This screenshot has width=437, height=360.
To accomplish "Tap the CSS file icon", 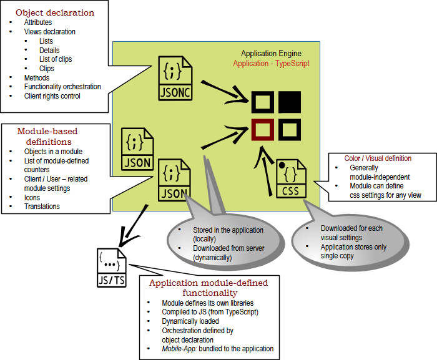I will [x=291, y=179].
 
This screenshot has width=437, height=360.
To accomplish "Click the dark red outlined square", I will [x=263, y=130].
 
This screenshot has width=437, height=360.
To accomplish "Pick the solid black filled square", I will [x=290, y=102].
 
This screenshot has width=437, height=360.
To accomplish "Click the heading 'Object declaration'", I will [x=55, y=12].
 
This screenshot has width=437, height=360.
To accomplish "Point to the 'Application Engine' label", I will [x=275, y=54].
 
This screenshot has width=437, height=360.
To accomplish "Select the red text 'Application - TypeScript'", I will [x=271, y=64].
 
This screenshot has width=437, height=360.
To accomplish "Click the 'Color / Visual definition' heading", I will [x=378, y=158].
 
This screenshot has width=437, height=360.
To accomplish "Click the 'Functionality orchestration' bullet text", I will [x=62, y=87].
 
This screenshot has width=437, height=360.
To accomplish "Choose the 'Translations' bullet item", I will [x=42, y=207].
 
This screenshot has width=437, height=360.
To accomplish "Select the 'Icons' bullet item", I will [x=32, y=197].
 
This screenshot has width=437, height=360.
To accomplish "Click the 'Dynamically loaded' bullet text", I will [x=190, y=321].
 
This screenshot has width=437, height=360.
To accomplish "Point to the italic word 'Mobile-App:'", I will [x=180, y=349].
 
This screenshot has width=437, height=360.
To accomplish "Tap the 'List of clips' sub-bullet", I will [x=55, y=59].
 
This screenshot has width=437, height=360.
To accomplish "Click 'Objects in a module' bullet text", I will [x=53, y=152].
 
